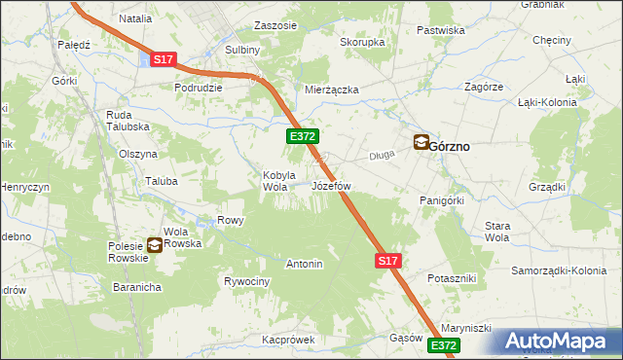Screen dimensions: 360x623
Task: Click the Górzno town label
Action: [450, 146]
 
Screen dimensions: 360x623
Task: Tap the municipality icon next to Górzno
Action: [421, 142]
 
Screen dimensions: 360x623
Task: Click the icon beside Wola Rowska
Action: [155, 244]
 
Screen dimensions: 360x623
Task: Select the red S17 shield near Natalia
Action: [163, 59]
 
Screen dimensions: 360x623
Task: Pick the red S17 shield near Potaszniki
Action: [387, 261]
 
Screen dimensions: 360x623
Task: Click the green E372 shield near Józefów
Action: [302, 138]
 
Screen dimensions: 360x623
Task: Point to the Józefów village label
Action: [331, 185]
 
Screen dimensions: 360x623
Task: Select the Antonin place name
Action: [304, 264]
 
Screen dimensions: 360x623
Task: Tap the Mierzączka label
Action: [332, 90]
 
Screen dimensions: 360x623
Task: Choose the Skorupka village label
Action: [362, 43]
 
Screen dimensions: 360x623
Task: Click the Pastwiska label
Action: [441, 30]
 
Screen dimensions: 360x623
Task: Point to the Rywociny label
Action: [246, 281]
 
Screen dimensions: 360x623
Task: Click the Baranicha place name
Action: [136, 287]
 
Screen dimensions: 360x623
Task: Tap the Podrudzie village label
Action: [199, 87]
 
